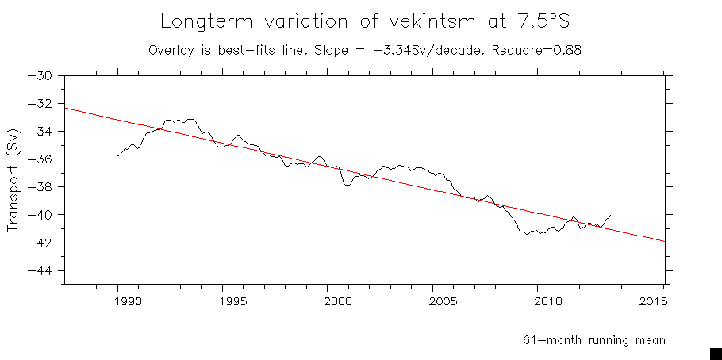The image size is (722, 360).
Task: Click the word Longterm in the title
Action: pos(202,21)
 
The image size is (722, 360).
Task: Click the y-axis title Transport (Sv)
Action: pos(13,186)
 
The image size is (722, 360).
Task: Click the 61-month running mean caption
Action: pos(593,339)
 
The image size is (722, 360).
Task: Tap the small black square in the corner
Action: pos(715,354)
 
